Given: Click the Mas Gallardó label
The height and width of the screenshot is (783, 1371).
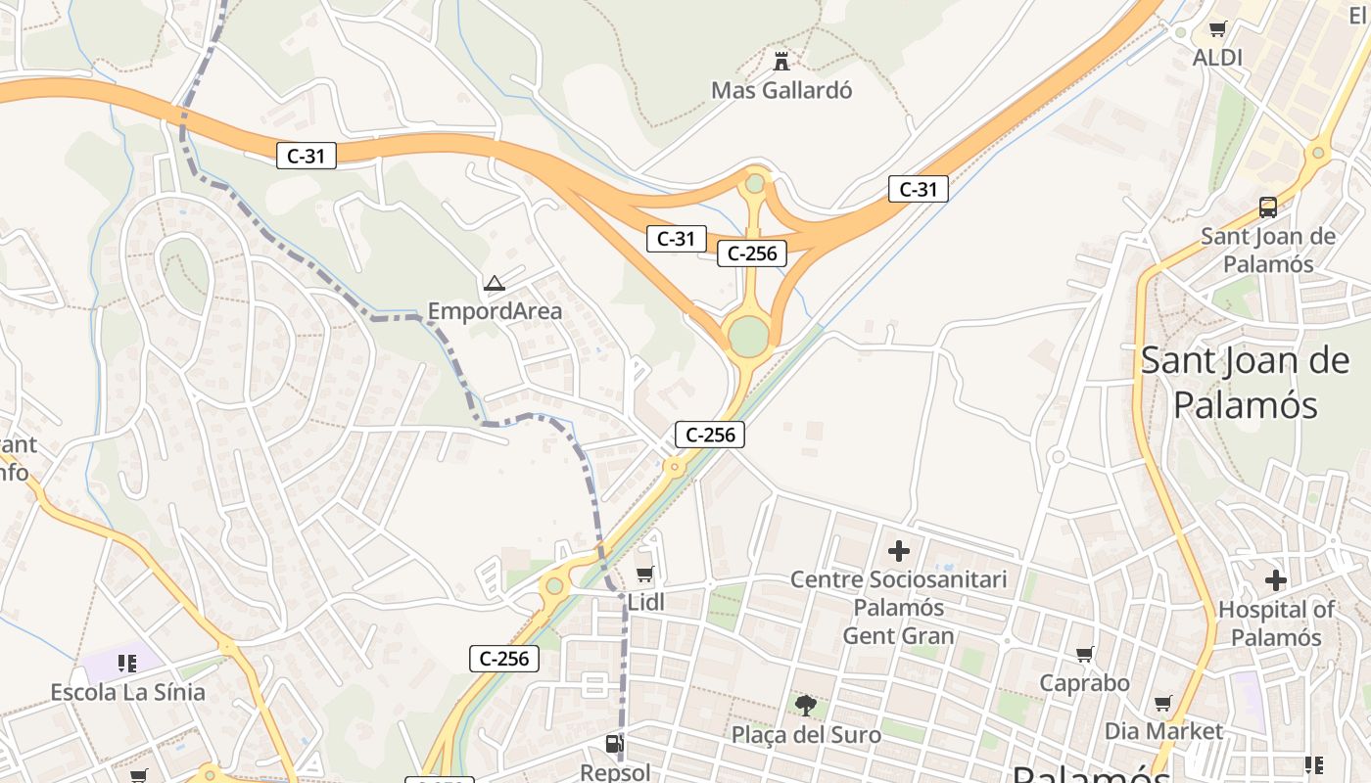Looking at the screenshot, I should click(x=781, y=90).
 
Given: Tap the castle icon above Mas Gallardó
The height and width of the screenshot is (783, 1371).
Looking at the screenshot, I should click(x=781, y=62).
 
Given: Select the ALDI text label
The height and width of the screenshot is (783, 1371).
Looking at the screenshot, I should click(x=1217, y=58).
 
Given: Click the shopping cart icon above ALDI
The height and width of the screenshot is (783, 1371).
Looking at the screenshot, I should click(x=1217, y=29).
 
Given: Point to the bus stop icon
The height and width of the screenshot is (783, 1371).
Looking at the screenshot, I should click(x=1268, y=207).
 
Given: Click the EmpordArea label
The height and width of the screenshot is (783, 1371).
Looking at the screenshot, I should click(x=495, y=311).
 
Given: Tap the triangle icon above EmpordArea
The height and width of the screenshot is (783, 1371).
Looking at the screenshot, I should click(x=495, y=284).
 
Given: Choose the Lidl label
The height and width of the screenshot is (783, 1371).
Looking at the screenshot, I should click(x=645, y=603).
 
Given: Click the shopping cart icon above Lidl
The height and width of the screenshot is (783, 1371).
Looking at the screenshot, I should click(x=644, y=574).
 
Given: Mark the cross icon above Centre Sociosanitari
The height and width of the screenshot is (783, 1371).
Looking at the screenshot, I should click(x=898, y=551).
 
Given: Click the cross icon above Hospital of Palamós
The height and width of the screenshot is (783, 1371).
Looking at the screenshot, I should click(x=1275, y=580).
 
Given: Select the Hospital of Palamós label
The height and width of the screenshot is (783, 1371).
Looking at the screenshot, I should click(x=1275, y=623).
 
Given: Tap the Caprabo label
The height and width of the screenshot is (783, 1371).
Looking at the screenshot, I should click(x=1084, y=682).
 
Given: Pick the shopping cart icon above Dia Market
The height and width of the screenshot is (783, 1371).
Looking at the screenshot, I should click(x=1162, y=703).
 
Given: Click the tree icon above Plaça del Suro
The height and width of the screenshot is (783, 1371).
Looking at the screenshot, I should click(x=805, y=705).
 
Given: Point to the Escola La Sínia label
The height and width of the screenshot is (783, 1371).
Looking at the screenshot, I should click(x=128, y=693).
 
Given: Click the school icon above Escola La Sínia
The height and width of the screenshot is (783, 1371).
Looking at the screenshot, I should click(x=126, y=664).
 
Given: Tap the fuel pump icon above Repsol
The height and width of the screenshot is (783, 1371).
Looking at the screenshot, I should click(x=614, y=745).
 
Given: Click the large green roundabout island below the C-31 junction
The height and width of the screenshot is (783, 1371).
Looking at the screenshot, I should click(x=748, y=336).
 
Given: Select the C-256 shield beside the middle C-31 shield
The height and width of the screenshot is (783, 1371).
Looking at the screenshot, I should click(x=752, y=253).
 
